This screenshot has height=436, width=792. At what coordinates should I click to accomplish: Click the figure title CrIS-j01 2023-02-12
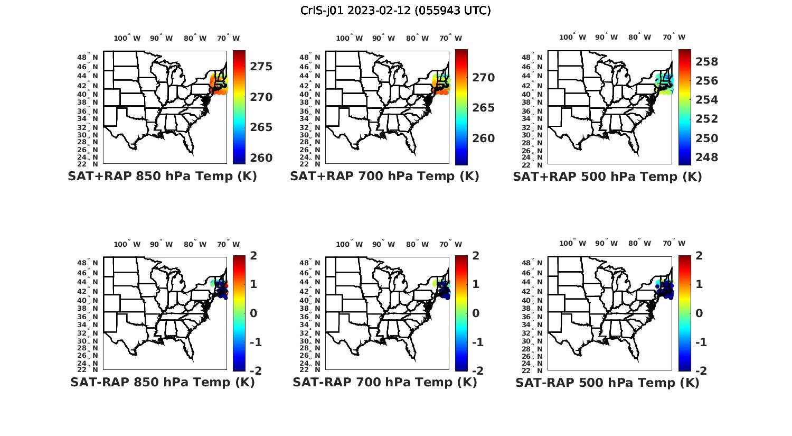[x=395, y=10]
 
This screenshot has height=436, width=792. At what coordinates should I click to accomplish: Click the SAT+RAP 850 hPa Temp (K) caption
[x=162, y=177]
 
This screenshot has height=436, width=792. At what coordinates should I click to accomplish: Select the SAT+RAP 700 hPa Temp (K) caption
[x=384, y=177]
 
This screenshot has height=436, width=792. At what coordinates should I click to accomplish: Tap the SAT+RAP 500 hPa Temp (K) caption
[x=607, y=177]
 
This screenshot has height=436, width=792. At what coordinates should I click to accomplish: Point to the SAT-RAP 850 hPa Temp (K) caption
[x=162, y=383]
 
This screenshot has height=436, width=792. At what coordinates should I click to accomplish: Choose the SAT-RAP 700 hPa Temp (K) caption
[x=384, y=383]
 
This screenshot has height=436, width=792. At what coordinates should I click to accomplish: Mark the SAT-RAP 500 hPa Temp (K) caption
[x=607, y=383]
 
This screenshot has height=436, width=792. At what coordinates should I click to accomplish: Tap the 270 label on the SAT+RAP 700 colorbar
[x=483, y=78]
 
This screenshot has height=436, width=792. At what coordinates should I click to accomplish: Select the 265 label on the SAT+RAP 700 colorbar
[x=483, y=108]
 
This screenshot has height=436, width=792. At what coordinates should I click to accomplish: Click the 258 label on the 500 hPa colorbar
[x=707, y=62]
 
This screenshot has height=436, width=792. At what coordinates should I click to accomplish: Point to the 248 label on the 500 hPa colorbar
[x=707, y=157]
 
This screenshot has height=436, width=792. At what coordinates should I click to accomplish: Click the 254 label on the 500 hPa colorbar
[x=707, y=100]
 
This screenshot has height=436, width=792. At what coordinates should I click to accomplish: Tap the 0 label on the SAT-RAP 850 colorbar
[x=253, y=313]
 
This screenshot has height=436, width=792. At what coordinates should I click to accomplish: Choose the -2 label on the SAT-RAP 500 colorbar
[x=701, y=371]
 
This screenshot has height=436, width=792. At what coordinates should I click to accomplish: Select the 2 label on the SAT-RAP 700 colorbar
[x=476, y=256]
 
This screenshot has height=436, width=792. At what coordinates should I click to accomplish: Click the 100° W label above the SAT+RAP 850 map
[x=127, y=38]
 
